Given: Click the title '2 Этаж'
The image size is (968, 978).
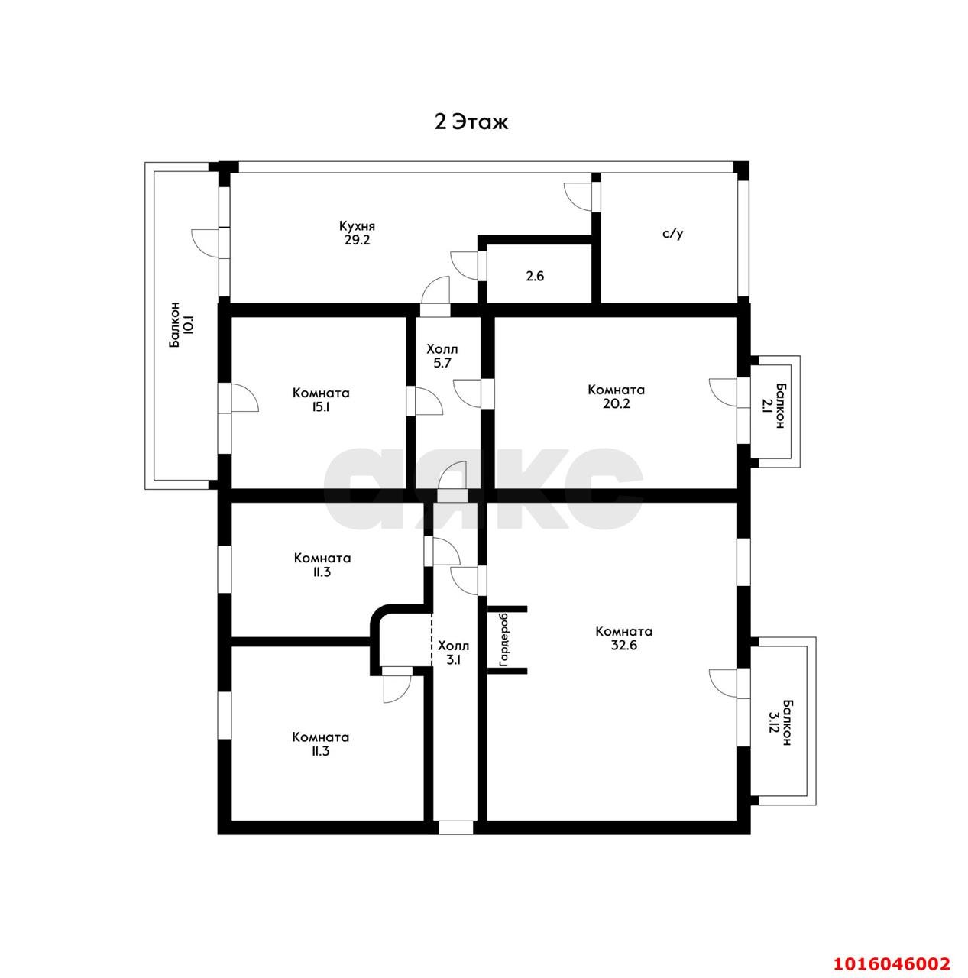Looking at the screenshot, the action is pyautogui.click(x=470, y=122).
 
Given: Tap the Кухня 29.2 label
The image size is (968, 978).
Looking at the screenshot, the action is pyautogui.click(x=356, y=233).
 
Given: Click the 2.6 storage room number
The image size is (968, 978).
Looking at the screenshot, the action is pyautogui.click(x=535, y=276).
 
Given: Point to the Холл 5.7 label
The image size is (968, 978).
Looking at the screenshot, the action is pyautogui.click(x=442, y=356).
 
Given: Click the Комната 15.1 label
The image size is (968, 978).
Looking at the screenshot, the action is pyautogui.click(x=321, y=400).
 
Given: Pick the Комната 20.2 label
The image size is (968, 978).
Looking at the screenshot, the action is pyautogui.click(x=616, y=397).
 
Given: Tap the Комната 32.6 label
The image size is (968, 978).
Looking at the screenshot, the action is pyautogui.click(x=624, y=638).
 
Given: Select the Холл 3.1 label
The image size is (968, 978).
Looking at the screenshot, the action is pyautogui.click(x=453, y=653).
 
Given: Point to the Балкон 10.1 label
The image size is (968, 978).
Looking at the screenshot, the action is pyautogui.click(x=181, y=325).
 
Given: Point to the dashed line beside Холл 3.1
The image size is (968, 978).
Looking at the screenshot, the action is pyautogui.click(x=432, y=640).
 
